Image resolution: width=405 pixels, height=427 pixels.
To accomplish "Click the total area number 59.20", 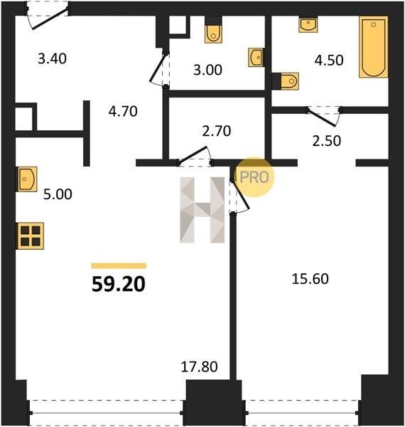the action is click(119, 285).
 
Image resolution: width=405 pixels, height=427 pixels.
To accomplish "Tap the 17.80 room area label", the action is click(199, 367).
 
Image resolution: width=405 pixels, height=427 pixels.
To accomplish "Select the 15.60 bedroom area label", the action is click(310, 279).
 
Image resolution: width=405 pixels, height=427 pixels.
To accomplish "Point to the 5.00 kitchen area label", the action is click(58, 194).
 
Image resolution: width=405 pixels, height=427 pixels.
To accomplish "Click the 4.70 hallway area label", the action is click(123, 112).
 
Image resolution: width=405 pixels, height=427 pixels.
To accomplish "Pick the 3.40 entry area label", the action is click(52, 59).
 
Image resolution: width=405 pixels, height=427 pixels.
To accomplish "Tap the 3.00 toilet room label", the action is click(207, 70).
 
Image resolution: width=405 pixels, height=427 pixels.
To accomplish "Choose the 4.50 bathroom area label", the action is click(329, 60).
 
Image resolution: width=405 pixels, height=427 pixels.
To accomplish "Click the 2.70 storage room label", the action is click(217, 131).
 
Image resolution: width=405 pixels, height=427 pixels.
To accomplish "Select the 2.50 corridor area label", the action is click(326, 141).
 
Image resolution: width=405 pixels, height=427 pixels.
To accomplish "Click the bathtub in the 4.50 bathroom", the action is click(374, 47).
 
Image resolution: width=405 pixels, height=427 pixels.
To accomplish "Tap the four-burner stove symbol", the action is click(31, 236).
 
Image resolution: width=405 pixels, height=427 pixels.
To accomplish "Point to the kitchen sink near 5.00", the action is click(27, 179).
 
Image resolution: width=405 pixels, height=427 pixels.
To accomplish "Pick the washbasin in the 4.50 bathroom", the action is click(308, 25).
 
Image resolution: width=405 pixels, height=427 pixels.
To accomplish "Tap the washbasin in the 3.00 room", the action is click(256, 58).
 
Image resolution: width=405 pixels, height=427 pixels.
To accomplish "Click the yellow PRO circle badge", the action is click(254, 177).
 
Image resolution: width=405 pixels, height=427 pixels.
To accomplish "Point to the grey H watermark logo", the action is click(202, 210).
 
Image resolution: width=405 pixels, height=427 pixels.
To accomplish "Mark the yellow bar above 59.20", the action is click(119, 265).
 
